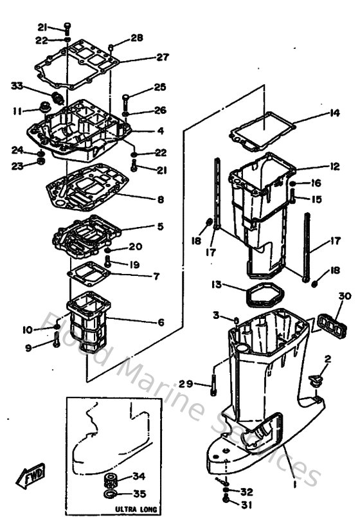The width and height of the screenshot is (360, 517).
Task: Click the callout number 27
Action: [162, 57]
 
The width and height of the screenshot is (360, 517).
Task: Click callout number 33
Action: [17, 86]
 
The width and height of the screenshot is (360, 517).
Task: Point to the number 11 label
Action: [17, 111]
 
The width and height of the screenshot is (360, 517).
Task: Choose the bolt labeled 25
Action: [125, 101]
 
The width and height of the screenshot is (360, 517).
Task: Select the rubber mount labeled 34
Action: [111, 480]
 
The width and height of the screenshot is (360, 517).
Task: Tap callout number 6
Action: [161, 322]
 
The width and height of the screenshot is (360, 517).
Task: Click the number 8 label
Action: [160, 199]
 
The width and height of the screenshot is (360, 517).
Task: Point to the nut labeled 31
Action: [226, 498]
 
